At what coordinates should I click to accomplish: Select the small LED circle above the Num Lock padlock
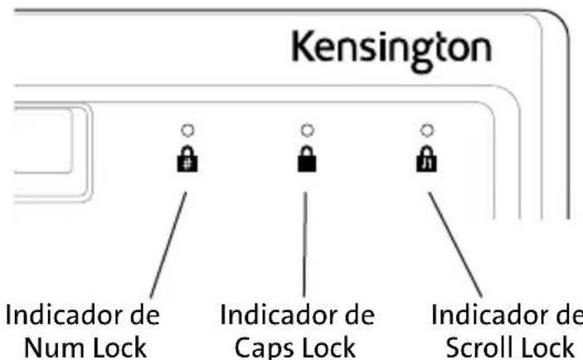pyautogui.click(x=187, y=129)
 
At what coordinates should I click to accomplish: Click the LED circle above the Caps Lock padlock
pyautogui.click(x=307, y=129)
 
